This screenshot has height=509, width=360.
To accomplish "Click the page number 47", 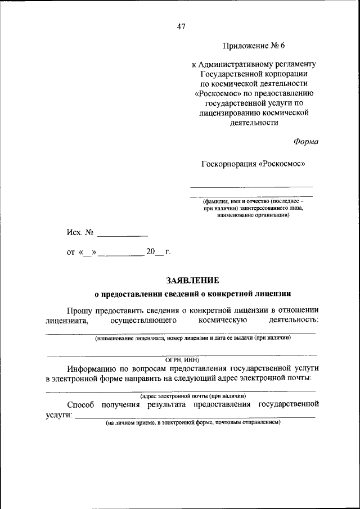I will point(181,26).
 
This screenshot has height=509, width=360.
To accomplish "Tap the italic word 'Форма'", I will point(305,142).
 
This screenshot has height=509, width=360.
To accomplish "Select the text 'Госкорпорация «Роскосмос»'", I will point(253,164).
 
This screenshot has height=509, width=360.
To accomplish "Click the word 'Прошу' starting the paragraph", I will point(81,309).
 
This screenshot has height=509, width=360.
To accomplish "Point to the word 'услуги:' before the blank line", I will point(59,415).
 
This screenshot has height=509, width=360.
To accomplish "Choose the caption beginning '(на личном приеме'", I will point(192,422).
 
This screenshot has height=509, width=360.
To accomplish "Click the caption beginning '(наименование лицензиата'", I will point(193,339).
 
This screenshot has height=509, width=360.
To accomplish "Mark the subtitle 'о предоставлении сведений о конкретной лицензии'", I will point(192,293).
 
